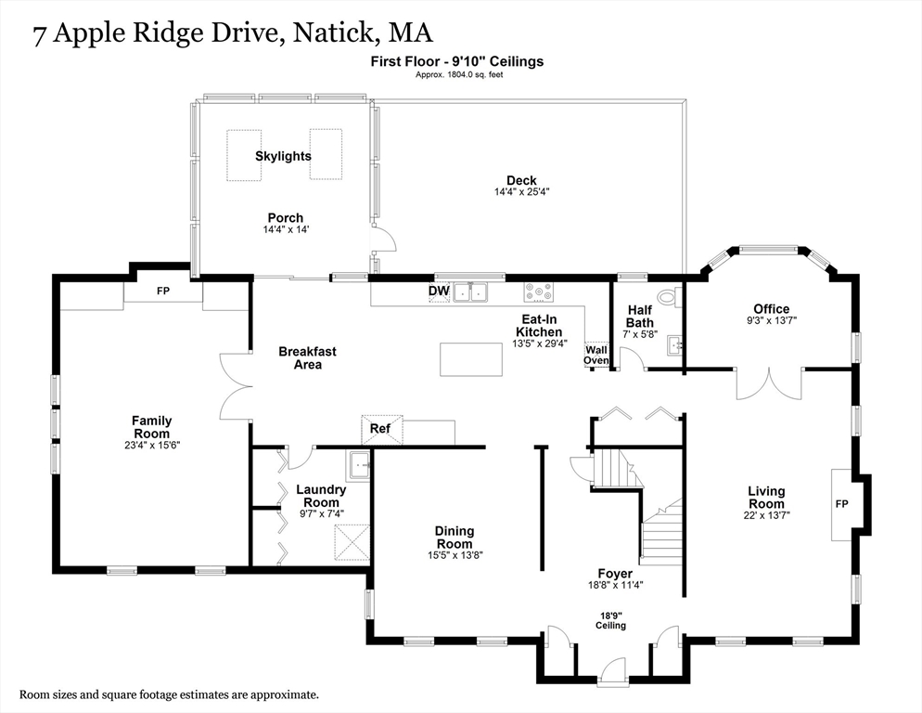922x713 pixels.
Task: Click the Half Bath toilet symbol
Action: point(668,297)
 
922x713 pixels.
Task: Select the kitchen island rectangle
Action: point(470,359)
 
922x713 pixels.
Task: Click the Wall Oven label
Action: point(595,355)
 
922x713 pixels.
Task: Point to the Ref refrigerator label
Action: point(380,429)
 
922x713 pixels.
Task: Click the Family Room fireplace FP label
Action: point(163,292)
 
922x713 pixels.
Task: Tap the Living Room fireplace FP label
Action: point(841,504)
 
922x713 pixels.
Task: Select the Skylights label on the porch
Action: point(283,156)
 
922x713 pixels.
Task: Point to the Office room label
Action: point(771,309)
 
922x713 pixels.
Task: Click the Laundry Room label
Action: point(321,495)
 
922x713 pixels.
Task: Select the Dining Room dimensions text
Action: point(455,555)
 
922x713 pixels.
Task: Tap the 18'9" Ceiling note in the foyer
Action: point(610,620)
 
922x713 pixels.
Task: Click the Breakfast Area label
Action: point(307,358)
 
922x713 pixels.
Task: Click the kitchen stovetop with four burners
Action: point(538,292)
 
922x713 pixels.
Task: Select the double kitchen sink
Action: point(471,292)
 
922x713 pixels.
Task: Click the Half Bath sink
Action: point(675,345)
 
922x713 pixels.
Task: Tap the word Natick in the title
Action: point(334,33)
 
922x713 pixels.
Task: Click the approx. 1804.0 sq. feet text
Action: point(459,74)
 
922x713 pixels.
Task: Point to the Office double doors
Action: point(768,382)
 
